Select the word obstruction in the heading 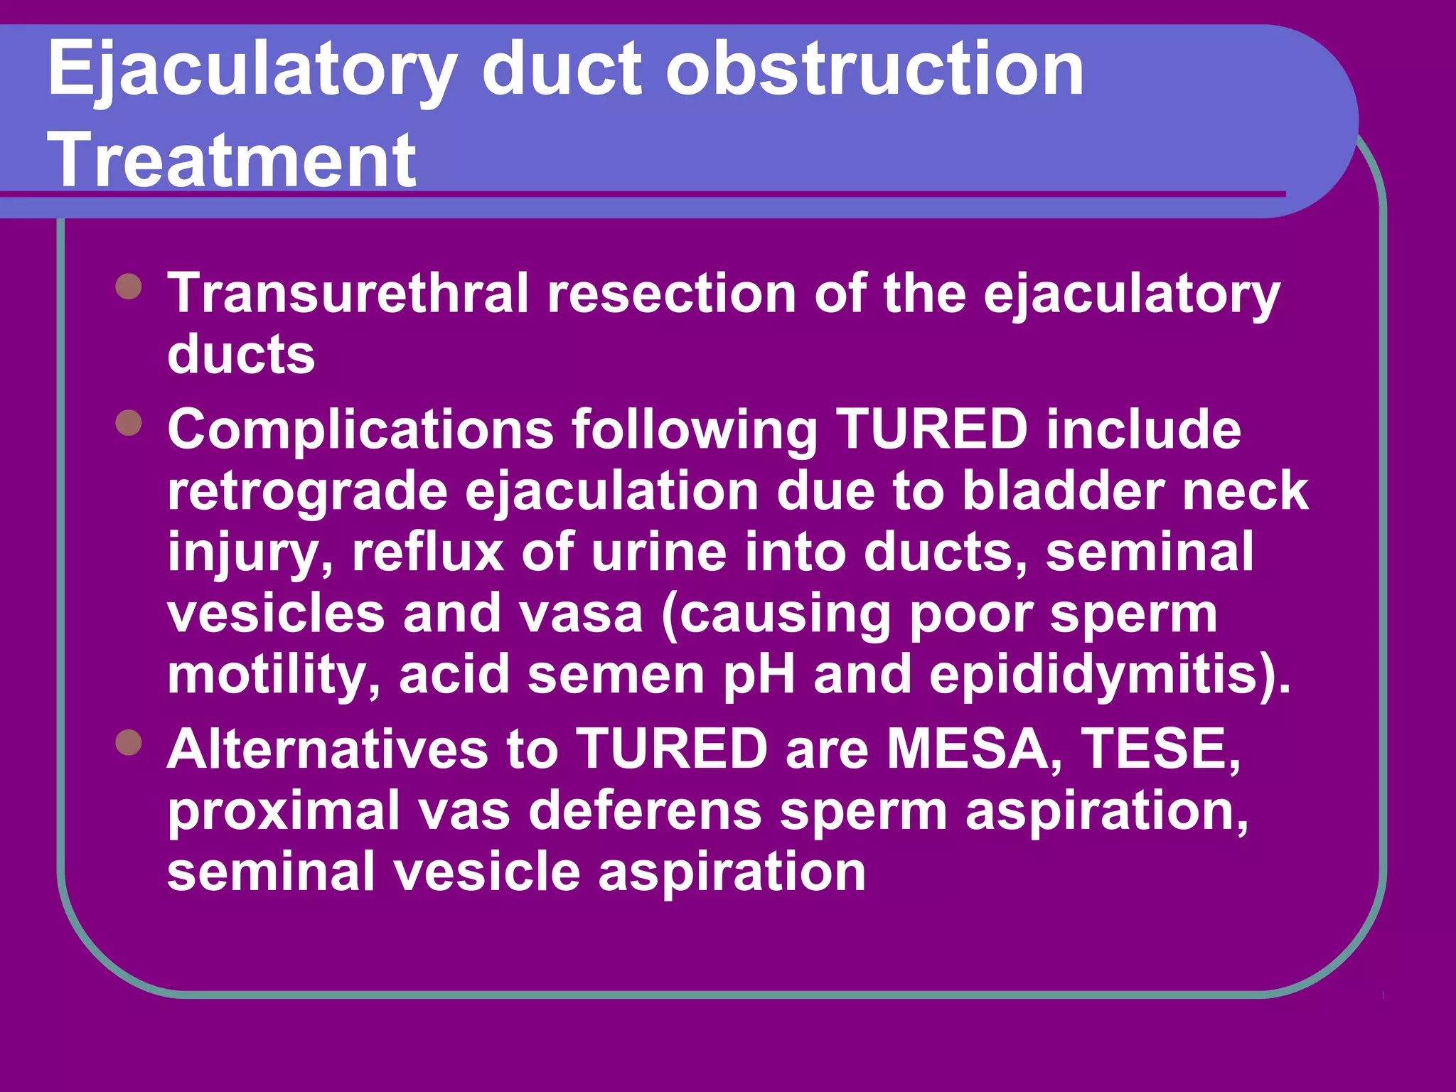coord(874,68)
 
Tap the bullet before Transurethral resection coord(129,287)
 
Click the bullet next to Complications coord(129,423)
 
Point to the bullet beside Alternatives coord(129,743)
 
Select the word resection coord(671,293)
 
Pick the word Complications coord(360,429)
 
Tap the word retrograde coord(307,492)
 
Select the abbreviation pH coord(759,675)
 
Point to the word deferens coord(645,810)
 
